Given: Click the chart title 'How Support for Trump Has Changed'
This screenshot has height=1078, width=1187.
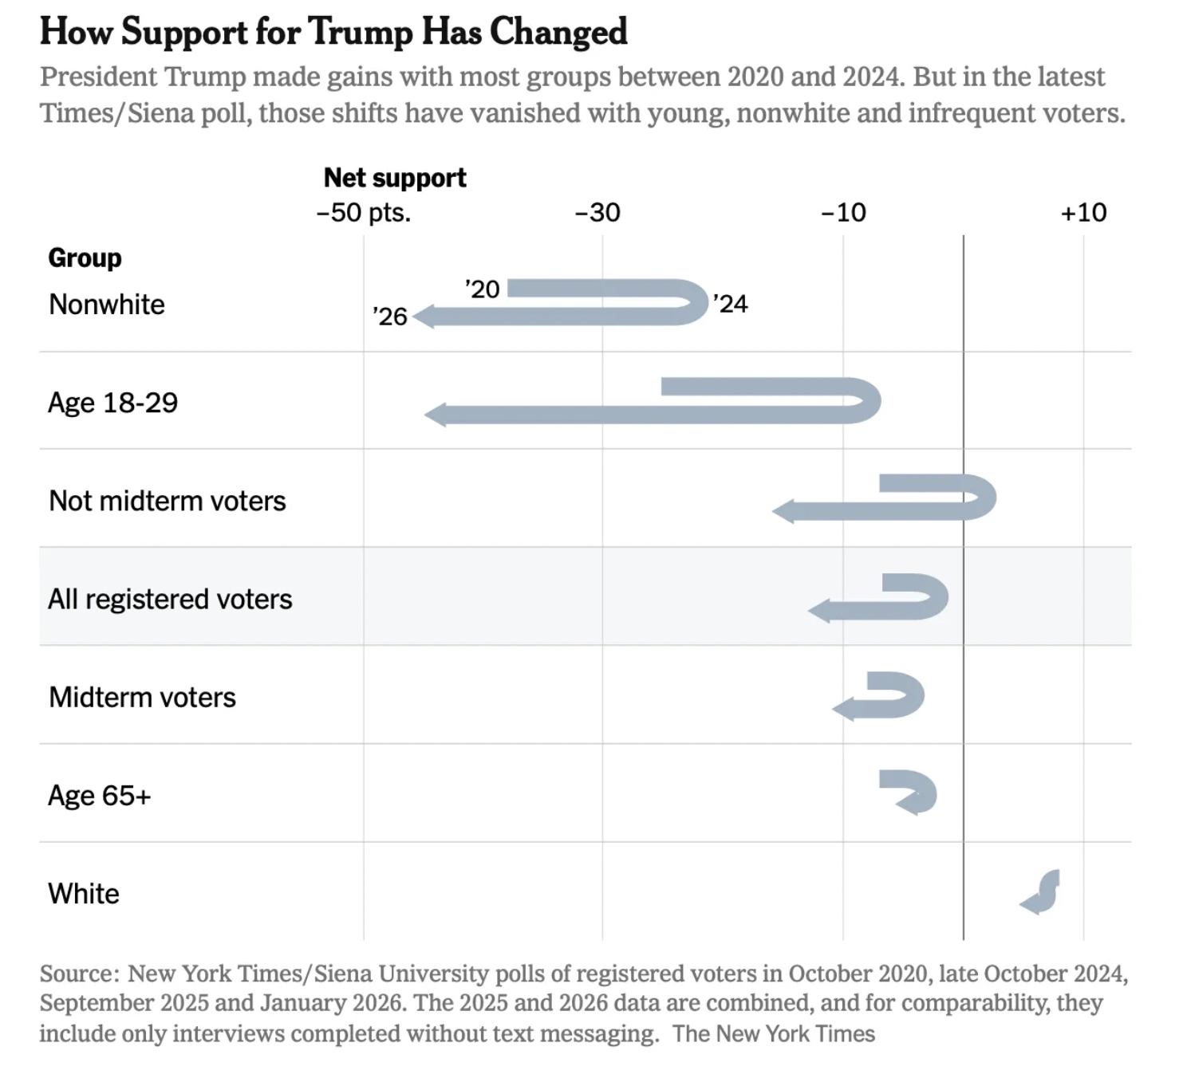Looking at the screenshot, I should [333, 33].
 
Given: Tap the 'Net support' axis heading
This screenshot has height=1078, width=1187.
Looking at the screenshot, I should [395, 178].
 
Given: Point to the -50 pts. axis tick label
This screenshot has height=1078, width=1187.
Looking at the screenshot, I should [364, 213].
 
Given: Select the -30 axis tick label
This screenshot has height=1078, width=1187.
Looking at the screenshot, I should [597, 213].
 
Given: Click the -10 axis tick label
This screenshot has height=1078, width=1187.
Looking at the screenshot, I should [843, 213].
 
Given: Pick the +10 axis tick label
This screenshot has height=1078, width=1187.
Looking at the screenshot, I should [1083, 213].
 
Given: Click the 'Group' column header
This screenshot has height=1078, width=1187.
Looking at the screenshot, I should [85, 258].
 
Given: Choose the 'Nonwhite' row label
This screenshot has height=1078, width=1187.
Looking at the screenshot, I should [107, 305].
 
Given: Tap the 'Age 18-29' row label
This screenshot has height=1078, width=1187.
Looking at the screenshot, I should [112, 403].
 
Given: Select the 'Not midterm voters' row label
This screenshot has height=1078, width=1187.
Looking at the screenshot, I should [168, 501].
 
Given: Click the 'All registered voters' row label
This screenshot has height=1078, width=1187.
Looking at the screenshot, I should [170, 599].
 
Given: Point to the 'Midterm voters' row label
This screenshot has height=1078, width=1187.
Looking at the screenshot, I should [142, 698].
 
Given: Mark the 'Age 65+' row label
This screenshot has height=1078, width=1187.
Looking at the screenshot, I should [99, 796].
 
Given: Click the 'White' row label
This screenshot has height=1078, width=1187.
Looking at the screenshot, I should [84, 894].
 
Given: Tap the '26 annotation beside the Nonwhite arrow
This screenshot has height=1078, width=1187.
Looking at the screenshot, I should [390, 317].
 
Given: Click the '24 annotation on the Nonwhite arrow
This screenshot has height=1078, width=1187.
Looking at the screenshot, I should [731, 304].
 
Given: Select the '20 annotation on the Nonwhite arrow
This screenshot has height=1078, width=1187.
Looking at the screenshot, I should [483, 289].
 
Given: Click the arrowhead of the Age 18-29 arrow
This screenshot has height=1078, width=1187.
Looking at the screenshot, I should [436, 415].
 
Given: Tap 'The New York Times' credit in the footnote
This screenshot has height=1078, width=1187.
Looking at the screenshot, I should [773, 1034].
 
